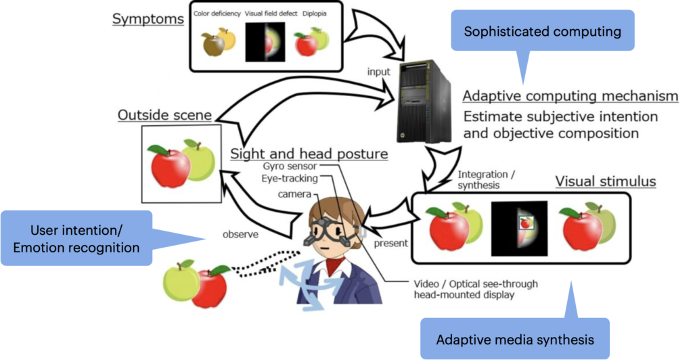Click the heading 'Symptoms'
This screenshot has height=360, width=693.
[148, 18]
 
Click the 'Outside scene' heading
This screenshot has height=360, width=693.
[164, 115]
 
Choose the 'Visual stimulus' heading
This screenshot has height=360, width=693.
[606, 181]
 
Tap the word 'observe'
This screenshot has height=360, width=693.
[242, 235]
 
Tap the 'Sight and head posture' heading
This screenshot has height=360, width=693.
[309, 154]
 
